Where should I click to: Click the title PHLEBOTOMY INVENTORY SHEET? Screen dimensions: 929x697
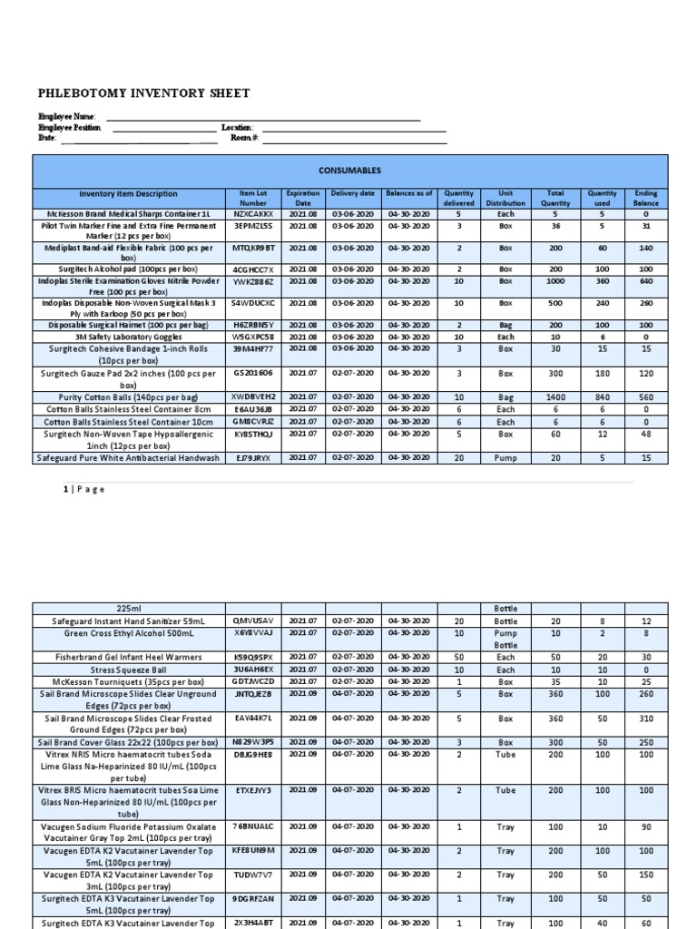coord(143,93)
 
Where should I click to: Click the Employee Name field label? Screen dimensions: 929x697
coord(66,117)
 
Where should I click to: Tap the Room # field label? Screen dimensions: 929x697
coord(244,138)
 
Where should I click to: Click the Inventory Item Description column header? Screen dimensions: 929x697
coord(128,194)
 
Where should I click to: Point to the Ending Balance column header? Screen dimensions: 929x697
coord(645,199)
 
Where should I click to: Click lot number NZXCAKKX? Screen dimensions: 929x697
coord(253,215)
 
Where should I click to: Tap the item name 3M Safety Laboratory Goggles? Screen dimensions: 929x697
coord(128,337)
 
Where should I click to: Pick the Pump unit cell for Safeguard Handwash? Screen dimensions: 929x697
coord(506,458)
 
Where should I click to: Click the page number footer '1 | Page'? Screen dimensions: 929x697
coord(84,489)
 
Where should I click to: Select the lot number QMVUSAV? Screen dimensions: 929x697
coord(253,621)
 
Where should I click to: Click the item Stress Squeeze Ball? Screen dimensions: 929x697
coord(128,670)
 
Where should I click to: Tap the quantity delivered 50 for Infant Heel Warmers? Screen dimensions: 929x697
coord(458,656)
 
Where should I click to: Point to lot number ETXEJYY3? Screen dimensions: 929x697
coord(253,791)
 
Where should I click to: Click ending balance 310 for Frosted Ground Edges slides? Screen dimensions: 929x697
coord(645,719)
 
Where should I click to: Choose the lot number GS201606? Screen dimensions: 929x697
coord(253,373)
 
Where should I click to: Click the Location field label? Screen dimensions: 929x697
coord(237,128)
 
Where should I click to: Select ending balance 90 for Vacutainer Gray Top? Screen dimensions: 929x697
coord(645,827)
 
